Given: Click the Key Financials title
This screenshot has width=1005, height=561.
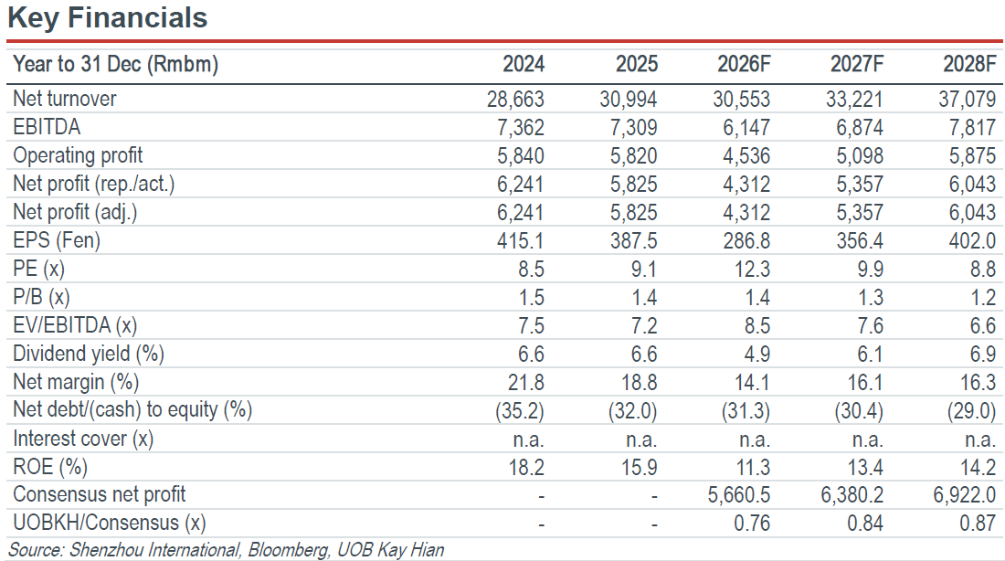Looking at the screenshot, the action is (108, 17).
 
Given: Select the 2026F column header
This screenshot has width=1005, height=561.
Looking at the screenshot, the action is (744, 64).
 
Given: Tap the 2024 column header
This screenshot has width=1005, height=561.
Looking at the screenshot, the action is (523, 64).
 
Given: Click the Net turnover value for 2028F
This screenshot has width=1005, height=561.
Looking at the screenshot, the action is (968, 100).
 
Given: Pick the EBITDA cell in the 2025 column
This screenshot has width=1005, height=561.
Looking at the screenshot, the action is (633, 128).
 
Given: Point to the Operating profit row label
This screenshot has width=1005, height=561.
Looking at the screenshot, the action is (78, 156).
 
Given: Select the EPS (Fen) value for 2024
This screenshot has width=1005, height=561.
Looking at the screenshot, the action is (520, 241).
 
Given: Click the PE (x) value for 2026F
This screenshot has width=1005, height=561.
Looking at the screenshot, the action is (752, 270).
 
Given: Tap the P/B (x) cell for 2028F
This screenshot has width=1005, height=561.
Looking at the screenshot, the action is (982, 298).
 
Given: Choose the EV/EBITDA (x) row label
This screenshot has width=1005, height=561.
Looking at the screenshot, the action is (75, 325).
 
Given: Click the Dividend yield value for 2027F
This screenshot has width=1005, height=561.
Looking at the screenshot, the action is (870, 354).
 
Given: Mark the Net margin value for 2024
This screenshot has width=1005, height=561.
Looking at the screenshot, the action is (525, 382).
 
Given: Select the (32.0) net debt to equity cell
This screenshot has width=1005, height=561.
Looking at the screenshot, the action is (632, 411).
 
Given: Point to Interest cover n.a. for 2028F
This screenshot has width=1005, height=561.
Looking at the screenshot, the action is (980, 439).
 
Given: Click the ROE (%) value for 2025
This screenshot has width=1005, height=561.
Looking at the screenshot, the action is (639, 468).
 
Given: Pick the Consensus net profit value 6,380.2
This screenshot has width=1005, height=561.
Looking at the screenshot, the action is (852, 495).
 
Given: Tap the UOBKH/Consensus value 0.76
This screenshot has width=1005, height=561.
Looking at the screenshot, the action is (752, 524).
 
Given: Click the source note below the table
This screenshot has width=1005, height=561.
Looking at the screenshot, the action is (226, 550).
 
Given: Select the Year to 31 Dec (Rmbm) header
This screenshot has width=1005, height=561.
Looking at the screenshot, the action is (115, 64).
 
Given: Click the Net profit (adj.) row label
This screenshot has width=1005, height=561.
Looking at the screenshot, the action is (75, 212).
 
